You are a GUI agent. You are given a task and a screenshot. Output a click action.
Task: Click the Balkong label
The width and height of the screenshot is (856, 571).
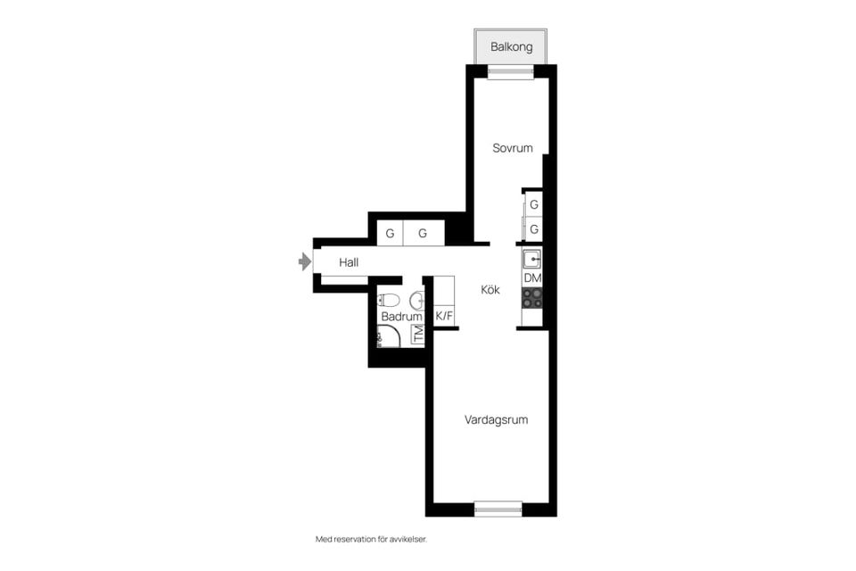click(x=511, y=47)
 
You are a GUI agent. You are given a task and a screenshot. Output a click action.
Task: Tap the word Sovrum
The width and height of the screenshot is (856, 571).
click(x=512, y=148)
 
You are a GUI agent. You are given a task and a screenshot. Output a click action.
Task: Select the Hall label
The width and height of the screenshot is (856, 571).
click(x=349, y=262)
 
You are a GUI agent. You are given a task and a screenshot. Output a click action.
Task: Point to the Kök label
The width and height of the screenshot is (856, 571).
click(x=490, y=290)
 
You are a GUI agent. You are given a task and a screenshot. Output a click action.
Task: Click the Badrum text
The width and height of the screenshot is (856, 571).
click(x=401, y=317)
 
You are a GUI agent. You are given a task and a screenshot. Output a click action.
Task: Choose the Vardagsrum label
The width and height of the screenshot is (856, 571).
click(x=496, y=419)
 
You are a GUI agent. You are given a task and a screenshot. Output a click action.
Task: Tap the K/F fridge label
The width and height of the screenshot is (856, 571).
click(x=444, y=316)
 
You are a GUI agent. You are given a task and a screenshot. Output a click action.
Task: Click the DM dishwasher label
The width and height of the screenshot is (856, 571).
click(x=532, y=278)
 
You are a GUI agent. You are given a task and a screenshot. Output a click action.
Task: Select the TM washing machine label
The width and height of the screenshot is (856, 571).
click(x=418, y=334)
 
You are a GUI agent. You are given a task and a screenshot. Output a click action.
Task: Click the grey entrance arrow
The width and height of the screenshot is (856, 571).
click(x=305, y=261)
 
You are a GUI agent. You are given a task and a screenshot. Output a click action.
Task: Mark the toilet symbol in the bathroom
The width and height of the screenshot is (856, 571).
click(x=388, y=300)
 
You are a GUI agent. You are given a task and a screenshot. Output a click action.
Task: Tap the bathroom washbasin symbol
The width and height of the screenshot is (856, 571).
click(x=417, y=300)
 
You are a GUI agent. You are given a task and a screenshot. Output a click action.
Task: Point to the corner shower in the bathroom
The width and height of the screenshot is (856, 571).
click(x=388, y=336)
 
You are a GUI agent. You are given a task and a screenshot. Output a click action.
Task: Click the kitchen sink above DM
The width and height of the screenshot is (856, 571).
click(x=532, y=259)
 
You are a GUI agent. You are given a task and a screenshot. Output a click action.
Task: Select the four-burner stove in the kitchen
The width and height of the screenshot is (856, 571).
click(x=532, y=298)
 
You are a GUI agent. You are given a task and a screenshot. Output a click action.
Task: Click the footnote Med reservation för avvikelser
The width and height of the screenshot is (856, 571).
click(x=371, y=539)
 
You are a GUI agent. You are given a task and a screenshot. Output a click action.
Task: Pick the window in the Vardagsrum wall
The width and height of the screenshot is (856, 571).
click(x=498, y=509)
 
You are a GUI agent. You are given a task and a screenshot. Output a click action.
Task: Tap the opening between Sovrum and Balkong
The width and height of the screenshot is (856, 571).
click(x=510, y=71)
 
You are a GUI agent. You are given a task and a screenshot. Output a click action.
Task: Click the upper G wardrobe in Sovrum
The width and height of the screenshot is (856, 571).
click(x=533, y=204)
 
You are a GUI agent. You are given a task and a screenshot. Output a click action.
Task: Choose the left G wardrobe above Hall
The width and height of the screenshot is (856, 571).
click(x=390, y=234)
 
